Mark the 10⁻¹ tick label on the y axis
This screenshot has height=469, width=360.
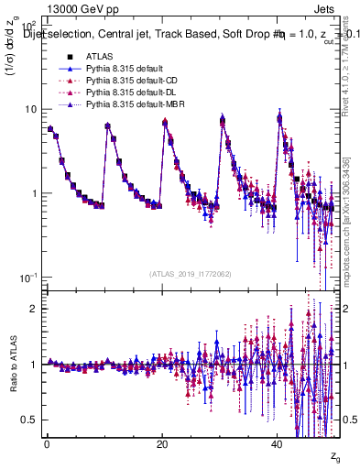click(28, 278)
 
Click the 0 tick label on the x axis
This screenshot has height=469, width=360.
click(47, 443)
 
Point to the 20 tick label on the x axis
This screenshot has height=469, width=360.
click(162, 443)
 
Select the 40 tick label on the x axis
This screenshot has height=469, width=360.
click(278, 443)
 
